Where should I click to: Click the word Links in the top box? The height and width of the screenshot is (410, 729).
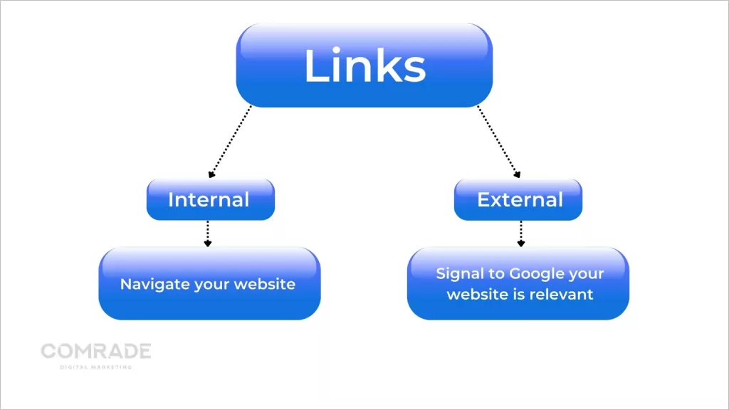364,66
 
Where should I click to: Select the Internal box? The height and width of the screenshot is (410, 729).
209,199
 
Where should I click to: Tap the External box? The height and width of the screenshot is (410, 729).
520,199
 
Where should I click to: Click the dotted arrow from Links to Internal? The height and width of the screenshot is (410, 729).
230,142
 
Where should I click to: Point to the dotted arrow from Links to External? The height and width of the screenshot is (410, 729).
498,140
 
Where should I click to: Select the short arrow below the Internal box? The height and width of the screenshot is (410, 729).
208,233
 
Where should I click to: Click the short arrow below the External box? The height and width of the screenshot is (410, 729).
520,233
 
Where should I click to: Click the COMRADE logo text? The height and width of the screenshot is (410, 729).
96,351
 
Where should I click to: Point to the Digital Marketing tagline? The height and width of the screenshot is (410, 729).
96,367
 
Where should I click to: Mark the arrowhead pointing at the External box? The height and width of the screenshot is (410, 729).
518,173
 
